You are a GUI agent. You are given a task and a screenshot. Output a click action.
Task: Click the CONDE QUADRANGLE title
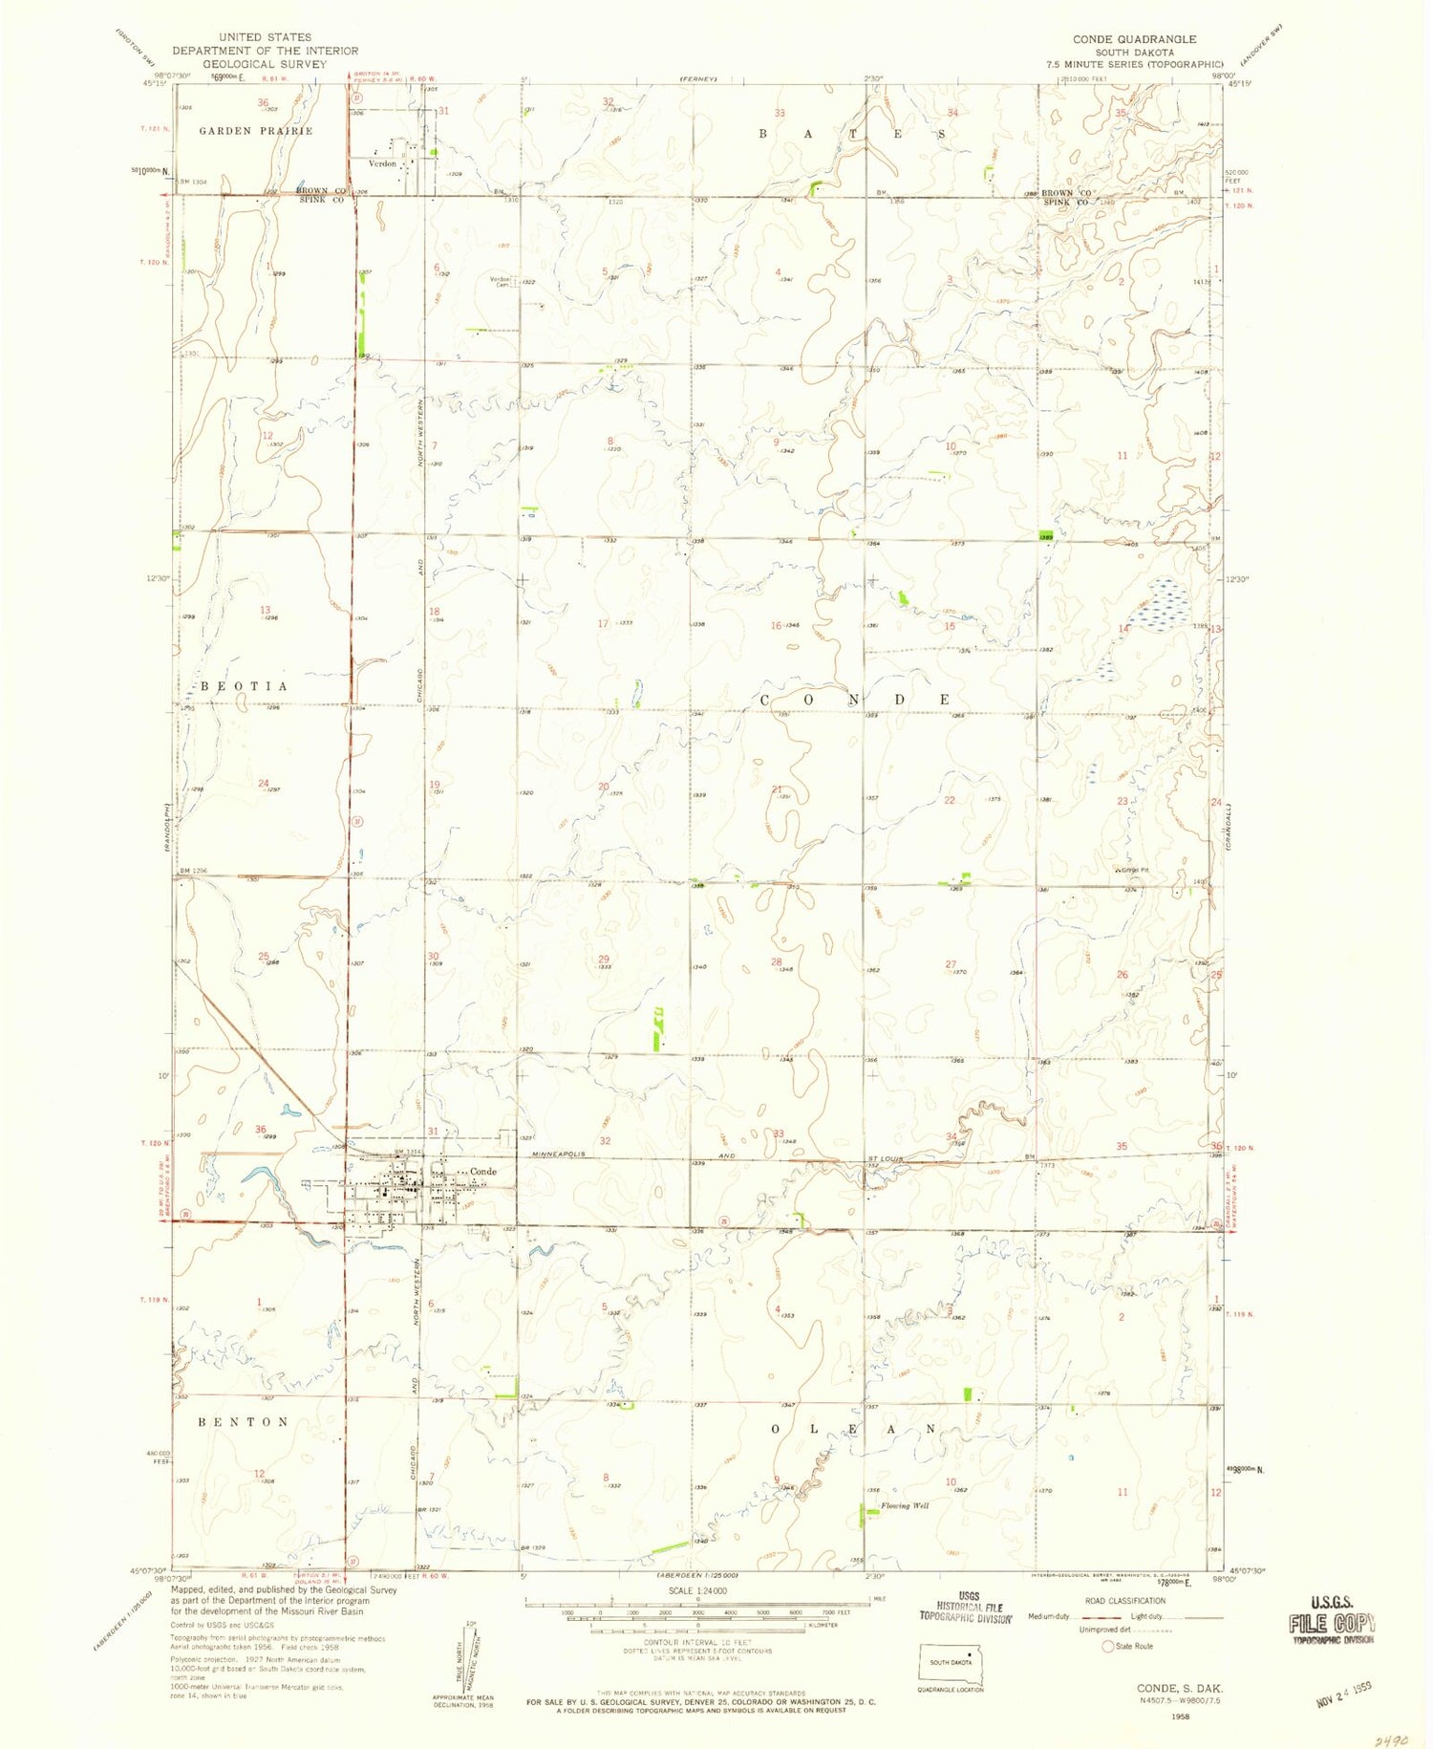[1134, 39]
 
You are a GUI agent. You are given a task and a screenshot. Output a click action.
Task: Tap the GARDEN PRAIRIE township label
[256, 131]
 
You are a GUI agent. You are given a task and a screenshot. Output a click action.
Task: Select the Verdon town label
[382, 164]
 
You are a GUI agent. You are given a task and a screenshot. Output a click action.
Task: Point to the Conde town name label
[483, 1172]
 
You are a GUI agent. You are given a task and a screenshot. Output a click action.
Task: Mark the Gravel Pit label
[1131, 870]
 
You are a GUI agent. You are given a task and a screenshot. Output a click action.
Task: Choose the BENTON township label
[244, 1422]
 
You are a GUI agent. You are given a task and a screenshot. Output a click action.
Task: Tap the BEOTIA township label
[243, 687]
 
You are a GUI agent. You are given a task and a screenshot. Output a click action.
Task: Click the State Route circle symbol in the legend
[1108, 1647]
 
